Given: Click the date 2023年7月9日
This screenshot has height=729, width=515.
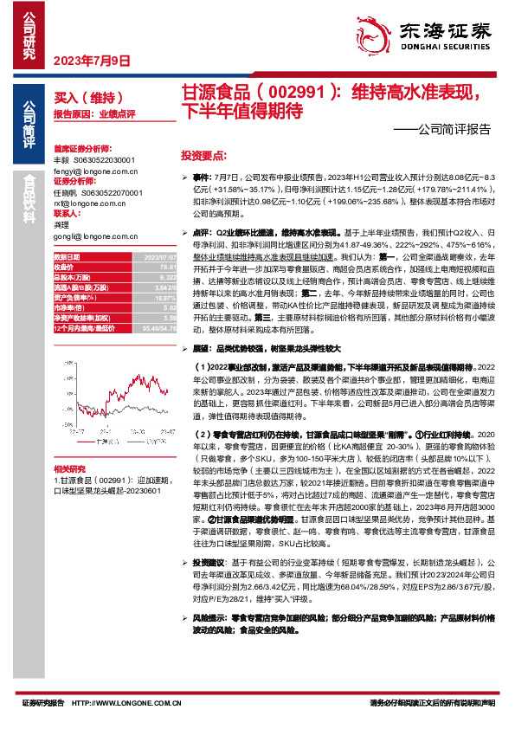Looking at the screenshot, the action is pyautogui.click(x=92, y=61).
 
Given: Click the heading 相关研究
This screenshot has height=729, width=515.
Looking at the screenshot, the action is pyautogui.click(x=70, y=467).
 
